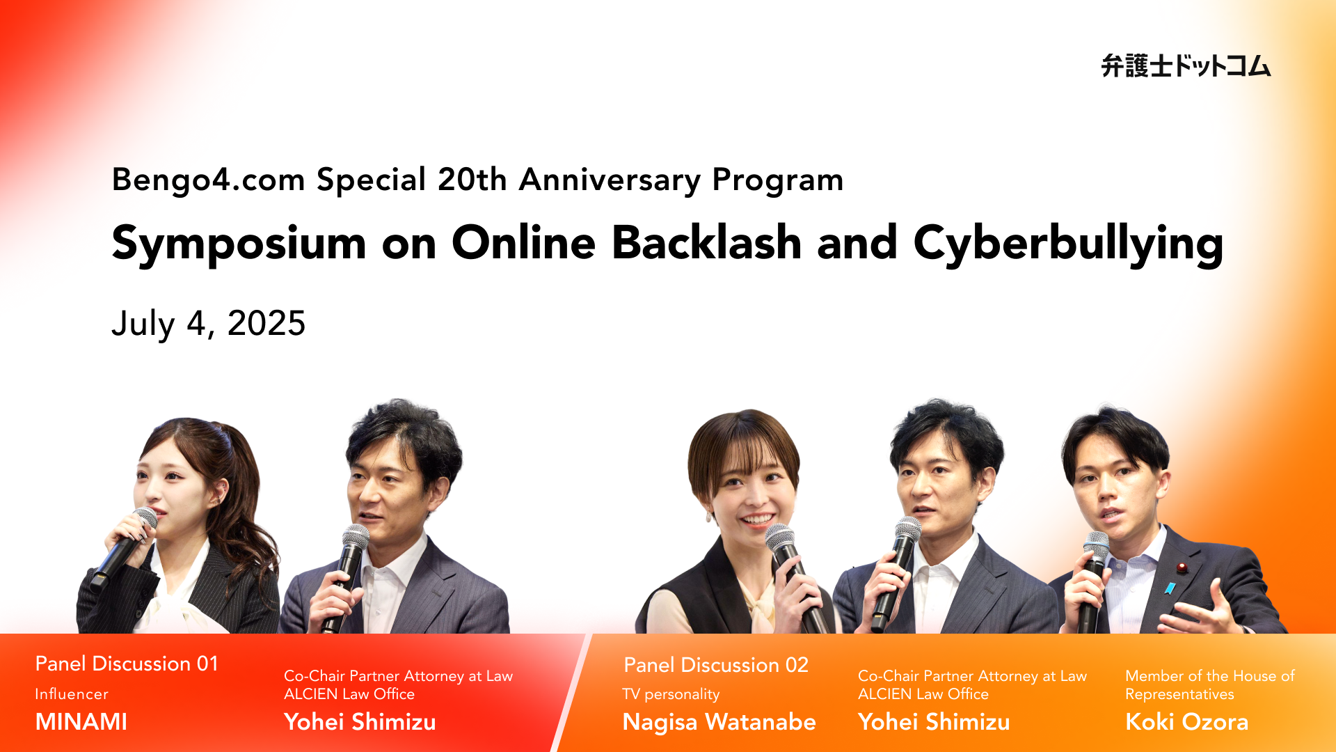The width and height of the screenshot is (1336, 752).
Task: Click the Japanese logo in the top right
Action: (1186, 66)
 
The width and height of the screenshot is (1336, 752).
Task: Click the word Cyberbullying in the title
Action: (1068, 244)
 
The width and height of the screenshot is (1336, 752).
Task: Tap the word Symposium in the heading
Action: (239, 244)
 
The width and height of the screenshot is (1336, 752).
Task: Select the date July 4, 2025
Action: (208, 324)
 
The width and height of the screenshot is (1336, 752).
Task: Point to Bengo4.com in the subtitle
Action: (208, 180)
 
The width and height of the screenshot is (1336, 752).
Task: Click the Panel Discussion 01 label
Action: (127, 664)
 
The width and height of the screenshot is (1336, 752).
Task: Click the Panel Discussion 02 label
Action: (716, 665)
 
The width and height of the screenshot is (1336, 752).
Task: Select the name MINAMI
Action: (81, 721)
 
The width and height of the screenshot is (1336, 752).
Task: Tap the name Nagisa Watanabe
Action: (719, 722)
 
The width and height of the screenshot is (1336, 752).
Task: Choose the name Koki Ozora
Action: (1186, 721)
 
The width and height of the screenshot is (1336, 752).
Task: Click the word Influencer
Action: (72, 694)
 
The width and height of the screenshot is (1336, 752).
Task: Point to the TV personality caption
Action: (671, 694)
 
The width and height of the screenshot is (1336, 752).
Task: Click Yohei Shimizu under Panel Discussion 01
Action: (360, 721)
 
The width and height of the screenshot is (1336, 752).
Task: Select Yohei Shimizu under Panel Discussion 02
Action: (934, 721)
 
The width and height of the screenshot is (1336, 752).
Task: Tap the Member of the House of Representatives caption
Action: (1210, 684)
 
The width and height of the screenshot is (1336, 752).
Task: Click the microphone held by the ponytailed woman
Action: (125, 547)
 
